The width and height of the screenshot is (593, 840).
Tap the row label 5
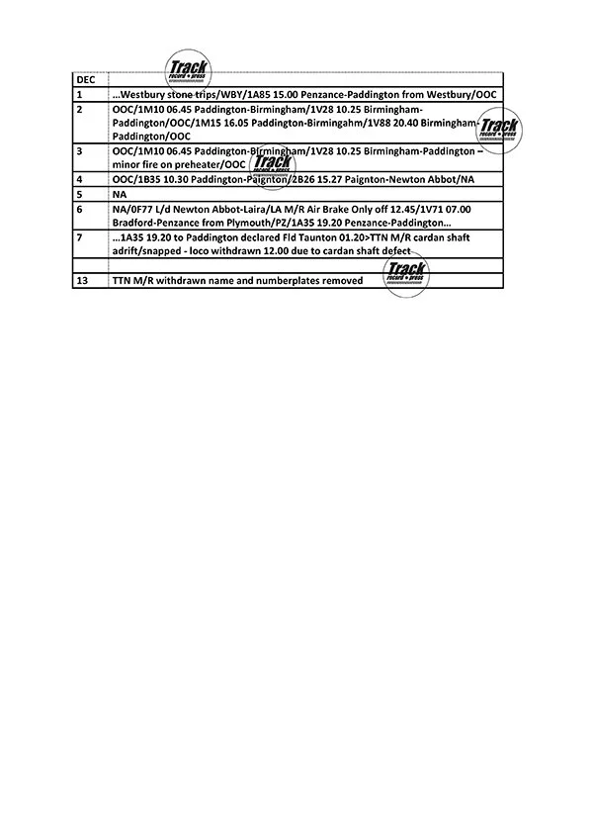click(x=79, y=194)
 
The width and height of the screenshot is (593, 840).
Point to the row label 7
click(x=79, y=237)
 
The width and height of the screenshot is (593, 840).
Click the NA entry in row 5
click(x=120, y=194)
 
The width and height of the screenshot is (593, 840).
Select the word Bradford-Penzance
click(x=156, y=223)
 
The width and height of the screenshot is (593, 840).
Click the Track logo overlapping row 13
click(x=406, y=271)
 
